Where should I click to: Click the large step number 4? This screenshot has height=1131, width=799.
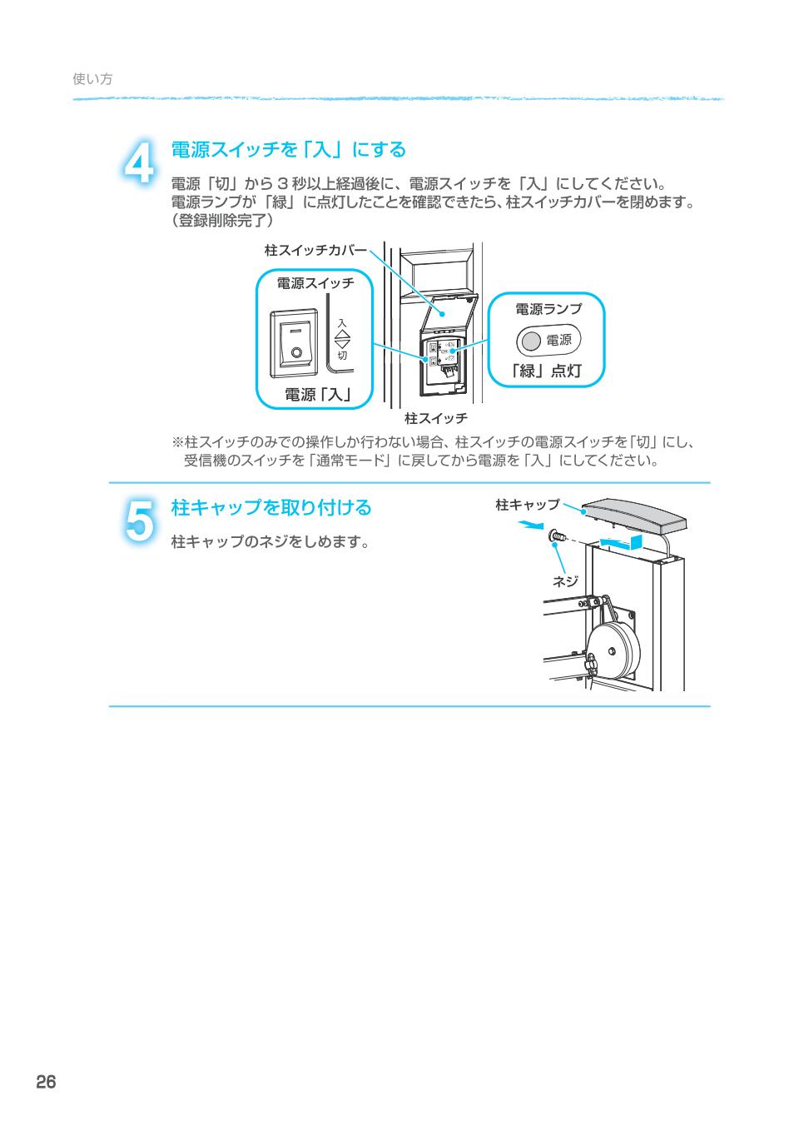point(139,162)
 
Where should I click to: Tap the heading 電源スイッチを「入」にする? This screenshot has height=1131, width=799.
point(288,150)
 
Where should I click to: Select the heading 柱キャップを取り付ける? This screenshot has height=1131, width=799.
point(270,507)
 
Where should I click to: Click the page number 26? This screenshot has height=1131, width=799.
point(46,1082)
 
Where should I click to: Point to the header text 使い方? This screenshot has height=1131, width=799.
point(92,79)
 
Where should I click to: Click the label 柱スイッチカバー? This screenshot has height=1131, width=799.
point(315,250)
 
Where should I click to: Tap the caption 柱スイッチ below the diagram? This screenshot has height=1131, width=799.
point(435,417)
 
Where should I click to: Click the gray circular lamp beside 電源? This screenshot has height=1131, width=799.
point(531,341)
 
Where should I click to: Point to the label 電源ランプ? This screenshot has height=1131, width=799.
point(548,309)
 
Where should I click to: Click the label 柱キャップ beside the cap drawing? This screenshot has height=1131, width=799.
point(528,505)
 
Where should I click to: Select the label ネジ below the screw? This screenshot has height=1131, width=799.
point(565,581)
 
